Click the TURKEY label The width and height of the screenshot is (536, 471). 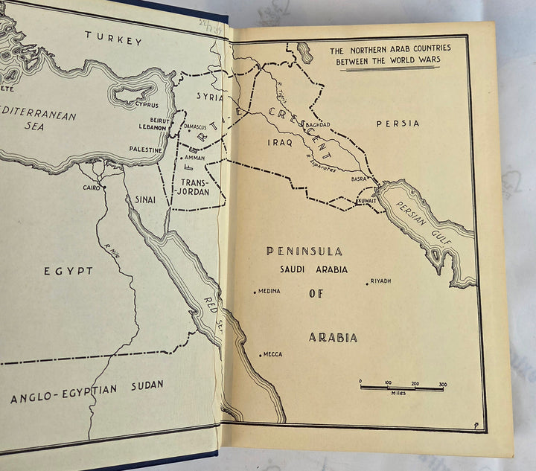click(113, 39)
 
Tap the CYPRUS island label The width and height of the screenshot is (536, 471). click(146, 105)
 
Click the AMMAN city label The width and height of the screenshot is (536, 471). click(194, 158)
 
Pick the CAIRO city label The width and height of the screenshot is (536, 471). click(92, 188)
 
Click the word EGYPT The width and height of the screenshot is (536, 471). click(68, 271)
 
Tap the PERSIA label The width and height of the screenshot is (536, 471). click(398, 124)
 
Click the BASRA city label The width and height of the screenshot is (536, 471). click(360, 179)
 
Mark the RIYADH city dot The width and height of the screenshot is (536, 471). click(367, 283)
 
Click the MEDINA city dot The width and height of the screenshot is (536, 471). click(255, 292)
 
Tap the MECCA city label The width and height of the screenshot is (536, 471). click(272, 354)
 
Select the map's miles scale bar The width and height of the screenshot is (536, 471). click(401, 387)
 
